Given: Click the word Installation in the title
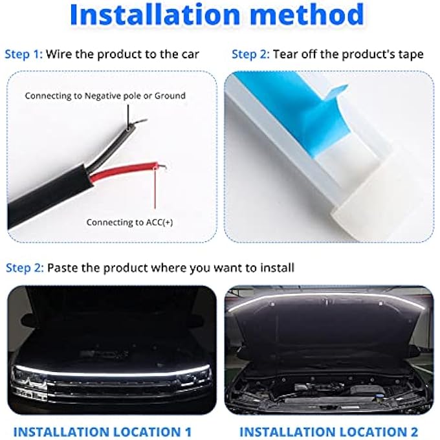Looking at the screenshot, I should click(x=158, y=15).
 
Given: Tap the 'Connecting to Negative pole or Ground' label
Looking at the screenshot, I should click(x=105, y=96).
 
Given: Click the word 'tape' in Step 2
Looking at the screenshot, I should click(x=410, y=54).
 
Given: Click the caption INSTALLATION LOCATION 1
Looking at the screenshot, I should click(x=102, y=432).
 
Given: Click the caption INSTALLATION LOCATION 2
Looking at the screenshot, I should click(x=329, y=432).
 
